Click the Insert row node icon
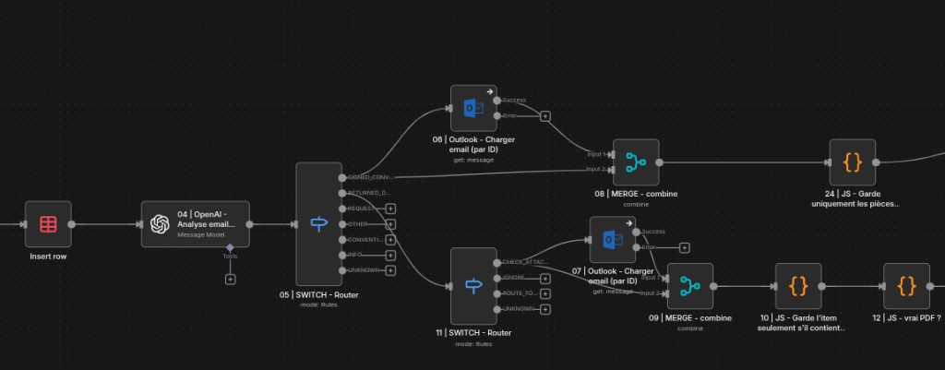coord(48,223)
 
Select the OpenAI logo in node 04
coord(161,223)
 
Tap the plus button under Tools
coord(230,279)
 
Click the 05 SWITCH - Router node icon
coord(318,223)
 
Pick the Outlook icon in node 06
coord(473,109)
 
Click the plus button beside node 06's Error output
coord(545,116)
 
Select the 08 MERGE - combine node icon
coord(636,162)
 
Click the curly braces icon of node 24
coord(853,162)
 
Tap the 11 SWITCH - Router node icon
coord(473,285)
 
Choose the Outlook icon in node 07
coord(613,240)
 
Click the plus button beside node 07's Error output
coord(684,247)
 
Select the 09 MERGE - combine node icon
coord(689,286)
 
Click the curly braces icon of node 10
coord(798,286)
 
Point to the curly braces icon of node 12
coord(906,286)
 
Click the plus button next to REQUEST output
coord(390,209)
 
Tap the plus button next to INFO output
coord(390,255)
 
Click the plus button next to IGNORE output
coord(545,278)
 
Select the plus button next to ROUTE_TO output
coord(545,293)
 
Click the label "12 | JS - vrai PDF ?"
coord(906,316)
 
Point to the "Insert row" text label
coord(48,256)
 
